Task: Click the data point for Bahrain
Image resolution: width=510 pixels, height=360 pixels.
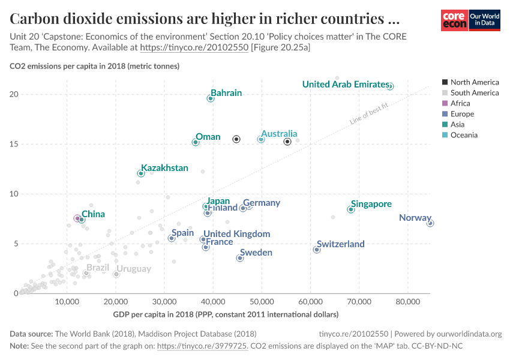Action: point(211,98)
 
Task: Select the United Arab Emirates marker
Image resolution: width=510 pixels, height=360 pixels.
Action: point(390,86)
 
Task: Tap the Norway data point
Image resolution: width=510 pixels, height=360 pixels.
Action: point(430,223)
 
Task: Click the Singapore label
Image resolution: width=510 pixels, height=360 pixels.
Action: point(371,204)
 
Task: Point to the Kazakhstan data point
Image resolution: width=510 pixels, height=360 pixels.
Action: point(141,173)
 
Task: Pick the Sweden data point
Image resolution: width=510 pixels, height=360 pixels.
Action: point(240,258)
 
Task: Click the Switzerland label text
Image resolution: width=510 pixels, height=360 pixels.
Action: point(340,244)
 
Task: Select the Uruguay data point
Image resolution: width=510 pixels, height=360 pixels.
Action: point(116,274)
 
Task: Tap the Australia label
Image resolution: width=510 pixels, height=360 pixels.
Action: point(278,134)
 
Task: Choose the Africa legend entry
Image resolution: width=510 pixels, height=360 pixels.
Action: point(460,103)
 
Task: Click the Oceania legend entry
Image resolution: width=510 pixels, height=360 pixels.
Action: point(464,135)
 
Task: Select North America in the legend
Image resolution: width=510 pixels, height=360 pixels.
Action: point(474,82)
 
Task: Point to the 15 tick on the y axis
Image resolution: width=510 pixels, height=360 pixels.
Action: point(13,144)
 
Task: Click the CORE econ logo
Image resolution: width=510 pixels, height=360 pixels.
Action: point(454,20)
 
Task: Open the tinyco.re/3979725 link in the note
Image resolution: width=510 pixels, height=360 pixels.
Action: point(202,346)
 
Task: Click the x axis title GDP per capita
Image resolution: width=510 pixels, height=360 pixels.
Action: point(226,314)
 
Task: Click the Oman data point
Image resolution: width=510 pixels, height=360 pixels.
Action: point(196,142)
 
